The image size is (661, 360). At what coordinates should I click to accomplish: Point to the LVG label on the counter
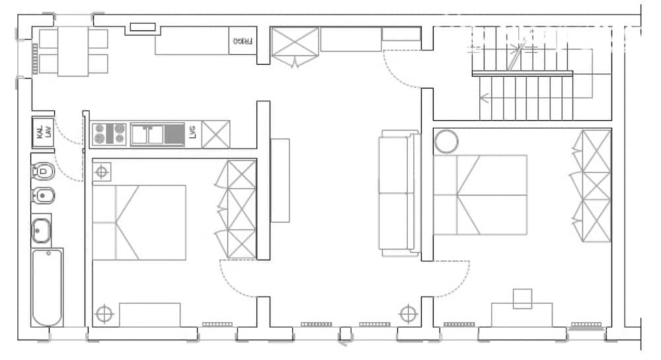(192, 134)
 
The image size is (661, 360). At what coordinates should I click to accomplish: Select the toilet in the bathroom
(43, 172)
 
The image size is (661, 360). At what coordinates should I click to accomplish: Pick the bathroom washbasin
(42, 231)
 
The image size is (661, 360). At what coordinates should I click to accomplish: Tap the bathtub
(47, 287)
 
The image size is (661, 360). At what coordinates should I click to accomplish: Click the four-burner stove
(109, 134)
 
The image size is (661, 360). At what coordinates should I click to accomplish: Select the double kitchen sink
(147, 134)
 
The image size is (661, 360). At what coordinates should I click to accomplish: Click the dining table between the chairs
(73, 52)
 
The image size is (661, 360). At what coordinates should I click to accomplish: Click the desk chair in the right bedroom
(523, 299)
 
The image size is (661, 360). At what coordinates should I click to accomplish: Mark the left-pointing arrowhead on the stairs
(483, 98)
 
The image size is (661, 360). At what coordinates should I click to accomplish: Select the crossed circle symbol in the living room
(408, 313)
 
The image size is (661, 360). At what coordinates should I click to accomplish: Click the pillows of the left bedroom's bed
(104, 223)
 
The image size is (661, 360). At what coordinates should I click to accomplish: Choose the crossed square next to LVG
(215, 134)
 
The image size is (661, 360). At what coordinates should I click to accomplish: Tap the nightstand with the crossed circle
(102, 172)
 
